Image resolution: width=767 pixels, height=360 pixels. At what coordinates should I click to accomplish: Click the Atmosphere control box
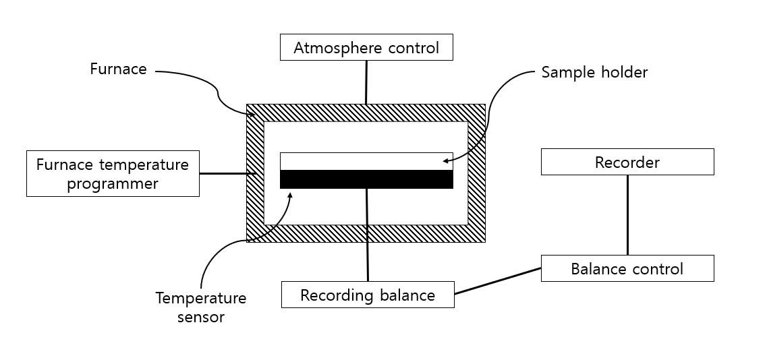366,48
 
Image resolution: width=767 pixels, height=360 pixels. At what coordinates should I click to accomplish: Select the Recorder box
627,162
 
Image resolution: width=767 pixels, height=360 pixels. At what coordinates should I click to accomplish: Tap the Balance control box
627,269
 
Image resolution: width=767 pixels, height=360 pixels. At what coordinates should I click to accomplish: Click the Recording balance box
368,295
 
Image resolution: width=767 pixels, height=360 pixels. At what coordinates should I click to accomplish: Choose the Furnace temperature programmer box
113,173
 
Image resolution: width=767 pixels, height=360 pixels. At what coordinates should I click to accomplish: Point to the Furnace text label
118,69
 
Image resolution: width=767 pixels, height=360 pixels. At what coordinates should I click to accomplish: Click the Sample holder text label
594,72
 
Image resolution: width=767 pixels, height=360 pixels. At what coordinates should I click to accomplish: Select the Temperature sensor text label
201,307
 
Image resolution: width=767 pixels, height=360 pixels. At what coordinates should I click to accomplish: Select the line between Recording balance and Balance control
498,281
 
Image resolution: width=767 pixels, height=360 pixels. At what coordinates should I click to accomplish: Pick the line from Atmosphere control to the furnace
366,82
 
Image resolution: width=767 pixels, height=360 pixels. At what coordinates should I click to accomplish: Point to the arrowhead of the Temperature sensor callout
291,195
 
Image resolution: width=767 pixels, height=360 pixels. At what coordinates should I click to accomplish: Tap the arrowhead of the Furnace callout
253,115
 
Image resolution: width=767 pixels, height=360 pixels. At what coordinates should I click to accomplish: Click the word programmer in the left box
113,183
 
